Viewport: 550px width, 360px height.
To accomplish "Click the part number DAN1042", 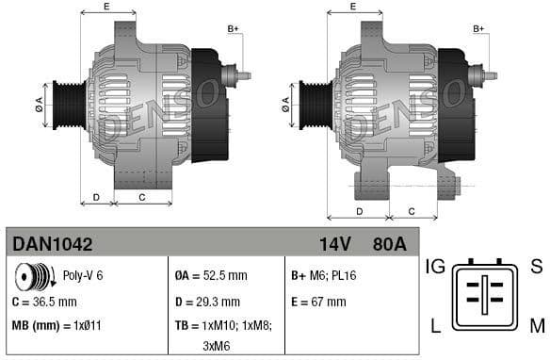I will pos(53,244).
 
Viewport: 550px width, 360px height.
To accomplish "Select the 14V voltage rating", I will pos(334,244).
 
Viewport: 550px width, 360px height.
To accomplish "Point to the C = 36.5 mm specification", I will pos(44,302).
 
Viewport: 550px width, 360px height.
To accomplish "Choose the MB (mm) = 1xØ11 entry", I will pos(57,325).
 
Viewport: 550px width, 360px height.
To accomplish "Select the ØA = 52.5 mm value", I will pos(211,277).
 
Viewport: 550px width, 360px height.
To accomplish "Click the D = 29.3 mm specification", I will pos(207,302).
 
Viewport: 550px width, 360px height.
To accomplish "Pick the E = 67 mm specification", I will pos(318,302).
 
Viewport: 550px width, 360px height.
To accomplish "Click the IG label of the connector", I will pos(435,266).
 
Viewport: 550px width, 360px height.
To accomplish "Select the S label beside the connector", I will pos(536,266).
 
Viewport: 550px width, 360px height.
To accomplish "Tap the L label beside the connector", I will pos(436,326).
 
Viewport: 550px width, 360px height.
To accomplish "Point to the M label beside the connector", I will pos(537,326).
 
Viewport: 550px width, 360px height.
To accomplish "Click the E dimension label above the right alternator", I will pos(352,8).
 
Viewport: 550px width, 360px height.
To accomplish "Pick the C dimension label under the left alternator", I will pos(142,197).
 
